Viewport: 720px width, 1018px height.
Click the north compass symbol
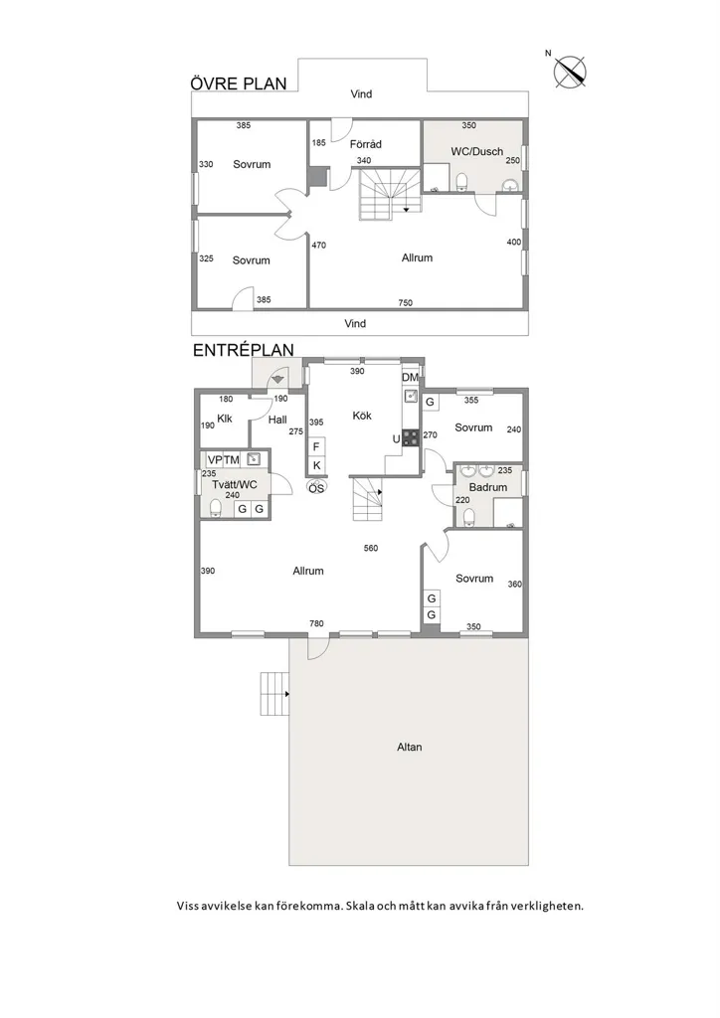[570, 72]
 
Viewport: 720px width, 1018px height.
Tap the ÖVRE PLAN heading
[239, 84]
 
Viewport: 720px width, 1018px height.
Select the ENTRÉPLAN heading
[244, 350]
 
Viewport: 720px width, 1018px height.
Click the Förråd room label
[366, 144]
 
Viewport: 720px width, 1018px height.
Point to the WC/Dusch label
[477, 151]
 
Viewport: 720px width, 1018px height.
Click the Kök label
[362, 416]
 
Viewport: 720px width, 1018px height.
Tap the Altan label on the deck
[410, 747]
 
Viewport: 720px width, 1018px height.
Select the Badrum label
[488, 487]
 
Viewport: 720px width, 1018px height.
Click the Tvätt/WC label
[235, 484]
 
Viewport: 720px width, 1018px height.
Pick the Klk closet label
[225, 419]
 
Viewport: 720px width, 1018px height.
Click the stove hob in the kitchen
[411, 437]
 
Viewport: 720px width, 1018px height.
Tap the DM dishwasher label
[411, 377]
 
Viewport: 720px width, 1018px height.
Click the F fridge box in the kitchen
[316, 446]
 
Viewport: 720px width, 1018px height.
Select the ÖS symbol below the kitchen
[316, 487]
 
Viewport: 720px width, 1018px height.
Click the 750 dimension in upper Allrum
[405, 302]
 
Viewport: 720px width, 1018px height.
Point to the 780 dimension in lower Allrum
[316, 623]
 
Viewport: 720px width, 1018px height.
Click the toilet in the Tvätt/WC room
[216, 507]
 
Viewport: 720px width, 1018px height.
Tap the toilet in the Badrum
[468, 516]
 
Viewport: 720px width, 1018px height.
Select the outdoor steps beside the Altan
[274, 694]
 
